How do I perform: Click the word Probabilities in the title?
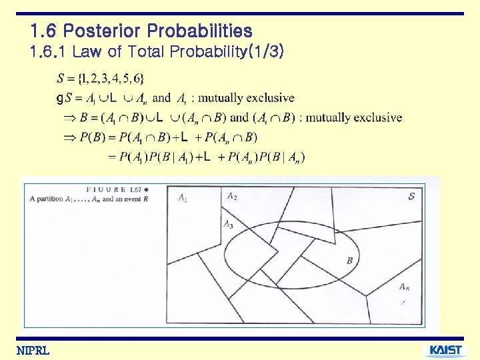pos(199,31)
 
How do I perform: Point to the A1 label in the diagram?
pos(183,197)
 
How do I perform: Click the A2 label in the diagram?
pos(231,196)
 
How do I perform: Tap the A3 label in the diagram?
pos(227,224)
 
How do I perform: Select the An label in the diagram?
pos(404,287)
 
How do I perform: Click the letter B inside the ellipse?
pos(349,260)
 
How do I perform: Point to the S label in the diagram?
pos(411,196)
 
